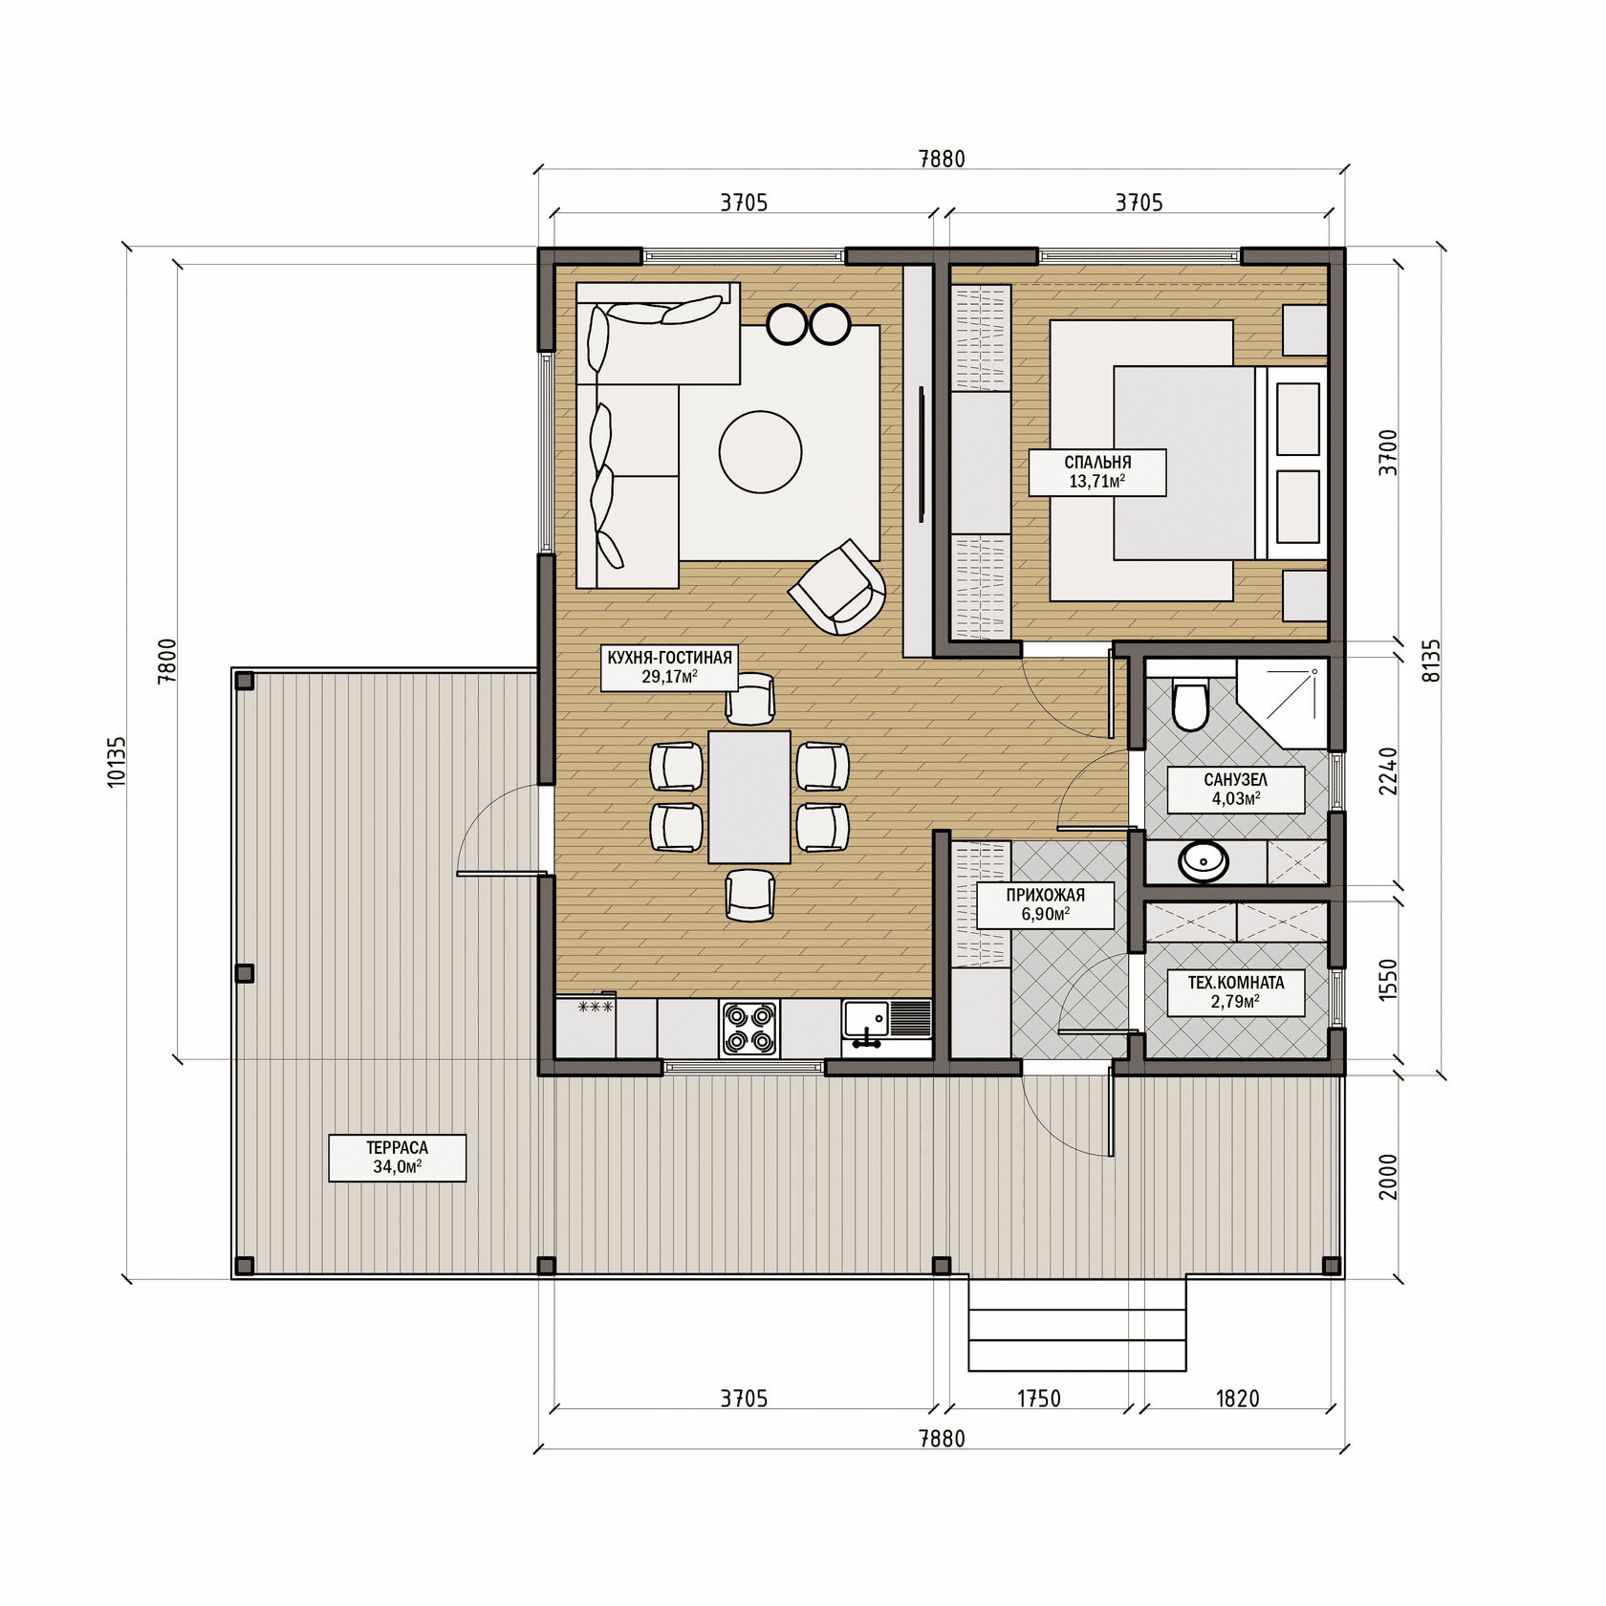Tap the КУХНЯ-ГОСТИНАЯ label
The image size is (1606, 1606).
click(x=669, y=667)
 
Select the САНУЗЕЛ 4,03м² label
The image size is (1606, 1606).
click(x=1236, y=790)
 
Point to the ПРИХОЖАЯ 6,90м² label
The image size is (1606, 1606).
click(x=1045, y=904)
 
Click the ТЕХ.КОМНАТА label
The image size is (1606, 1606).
click(x=1236, y=992)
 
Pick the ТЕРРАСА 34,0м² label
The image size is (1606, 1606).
click(x=398, y=1158)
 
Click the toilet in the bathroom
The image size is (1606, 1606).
click(x=1190, y=705)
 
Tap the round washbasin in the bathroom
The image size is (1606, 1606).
click(x=1204, y=861)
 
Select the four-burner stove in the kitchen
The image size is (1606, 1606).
click(x=749, y=1029)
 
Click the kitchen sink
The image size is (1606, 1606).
click(x=886, y=1023)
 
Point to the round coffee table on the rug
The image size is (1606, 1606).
click(x=760, y=452)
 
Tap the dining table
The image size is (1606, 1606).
click(x=749, y=797)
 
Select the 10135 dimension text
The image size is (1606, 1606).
click(x=117, y=762)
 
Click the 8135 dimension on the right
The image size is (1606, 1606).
click(x=1431, y=661)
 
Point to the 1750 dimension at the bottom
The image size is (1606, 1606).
click(x=1039, y=1400)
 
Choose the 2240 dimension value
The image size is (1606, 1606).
click(x=1388, y=771)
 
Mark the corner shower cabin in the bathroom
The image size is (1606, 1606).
click(x=1283, y=703)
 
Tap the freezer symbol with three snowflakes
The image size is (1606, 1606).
click(x=596, y=1007)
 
